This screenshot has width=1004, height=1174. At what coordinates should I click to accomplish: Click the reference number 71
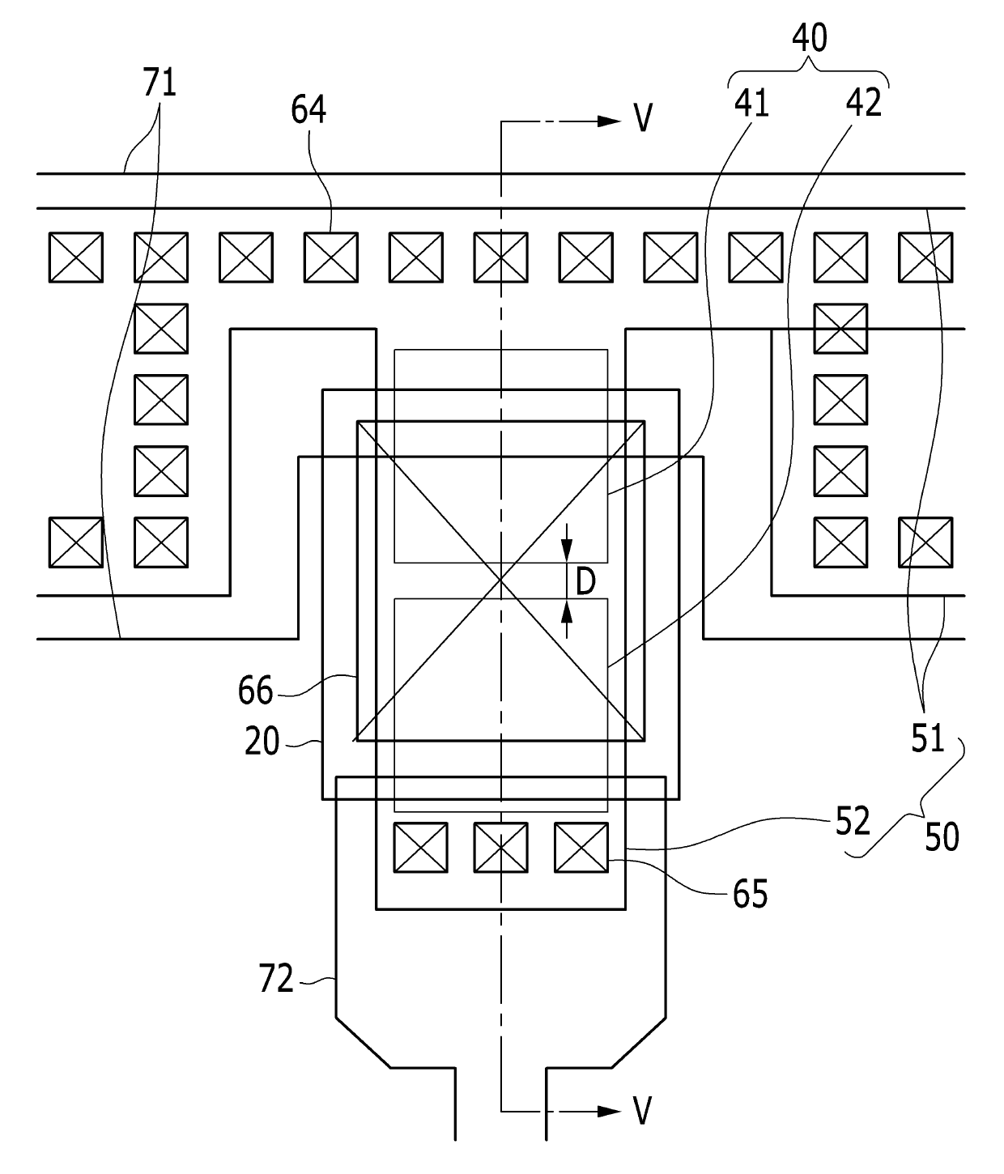point(160,83)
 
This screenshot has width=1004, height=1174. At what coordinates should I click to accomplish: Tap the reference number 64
point(308,109)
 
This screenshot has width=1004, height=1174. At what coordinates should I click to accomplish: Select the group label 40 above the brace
point(809,38)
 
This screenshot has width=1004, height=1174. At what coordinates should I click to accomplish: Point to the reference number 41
point(752,104)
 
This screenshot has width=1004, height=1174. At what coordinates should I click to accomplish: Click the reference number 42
point(864,103)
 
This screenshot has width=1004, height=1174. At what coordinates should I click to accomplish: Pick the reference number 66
point(256,691)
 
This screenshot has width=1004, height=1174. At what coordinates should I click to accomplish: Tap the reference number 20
point(262,741)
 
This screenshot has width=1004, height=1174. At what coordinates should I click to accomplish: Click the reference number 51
point(928,738)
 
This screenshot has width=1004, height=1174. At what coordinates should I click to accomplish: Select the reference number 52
point(853,821)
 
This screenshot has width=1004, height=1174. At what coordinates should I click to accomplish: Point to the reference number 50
point(942,837)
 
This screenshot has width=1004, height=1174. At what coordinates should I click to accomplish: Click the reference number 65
point(750,893)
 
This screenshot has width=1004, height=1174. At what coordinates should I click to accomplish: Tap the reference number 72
point(276,978)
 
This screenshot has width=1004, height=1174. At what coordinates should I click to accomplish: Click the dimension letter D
point(585,582)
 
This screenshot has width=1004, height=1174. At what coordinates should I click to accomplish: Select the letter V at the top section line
point(644,118)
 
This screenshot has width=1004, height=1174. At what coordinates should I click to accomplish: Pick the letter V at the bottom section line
point(642,1111)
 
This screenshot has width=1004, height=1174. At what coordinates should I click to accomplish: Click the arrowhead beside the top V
point(610,121)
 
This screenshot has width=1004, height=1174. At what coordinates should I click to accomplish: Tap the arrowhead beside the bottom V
point(610,1112)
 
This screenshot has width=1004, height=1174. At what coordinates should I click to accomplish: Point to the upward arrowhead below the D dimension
point(567,611)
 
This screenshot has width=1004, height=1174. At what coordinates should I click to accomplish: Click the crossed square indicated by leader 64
point(331,257)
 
